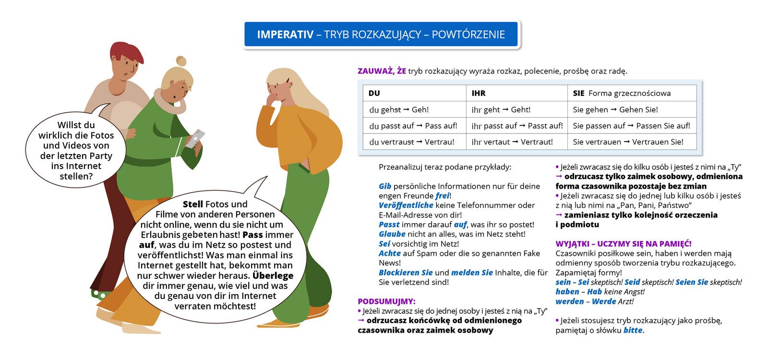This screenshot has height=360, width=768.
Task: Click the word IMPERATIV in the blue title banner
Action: (x=285, y=35)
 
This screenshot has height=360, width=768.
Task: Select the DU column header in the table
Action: (x=374, y=93)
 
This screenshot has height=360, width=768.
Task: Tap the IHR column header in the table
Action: (x=479, y=93)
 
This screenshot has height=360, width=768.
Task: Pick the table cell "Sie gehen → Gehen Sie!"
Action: (x=615, y=109)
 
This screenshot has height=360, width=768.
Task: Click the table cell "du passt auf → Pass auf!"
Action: (x=413, y=126)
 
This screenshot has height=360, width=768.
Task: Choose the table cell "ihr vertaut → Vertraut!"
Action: (x=512, y=142)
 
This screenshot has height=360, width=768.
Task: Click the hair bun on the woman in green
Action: (x=181, y=61)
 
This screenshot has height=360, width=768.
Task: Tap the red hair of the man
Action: (x=126, y=51)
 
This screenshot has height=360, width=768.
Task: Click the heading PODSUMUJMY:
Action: (x=386, y=301)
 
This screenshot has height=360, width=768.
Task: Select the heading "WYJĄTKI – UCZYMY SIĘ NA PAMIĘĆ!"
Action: (x=624, y=244)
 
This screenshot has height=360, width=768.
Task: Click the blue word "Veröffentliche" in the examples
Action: (x=406, y=205)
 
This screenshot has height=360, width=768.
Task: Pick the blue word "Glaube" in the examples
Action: (x=392, y=234)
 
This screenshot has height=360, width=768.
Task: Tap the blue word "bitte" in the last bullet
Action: (x=633, y=330)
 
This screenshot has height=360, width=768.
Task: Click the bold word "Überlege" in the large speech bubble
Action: (x=273, y=276)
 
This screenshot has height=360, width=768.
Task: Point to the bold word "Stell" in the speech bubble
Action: (x=192, y=204)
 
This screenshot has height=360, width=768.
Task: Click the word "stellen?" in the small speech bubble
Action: (x=76, y=176)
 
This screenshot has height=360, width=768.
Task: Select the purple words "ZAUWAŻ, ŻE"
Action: (x=382, y=71)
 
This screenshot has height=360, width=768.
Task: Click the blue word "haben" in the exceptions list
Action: (x=567, y=292)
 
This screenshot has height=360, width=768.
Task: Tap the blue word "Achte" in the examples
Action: (x=389, y=253)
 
